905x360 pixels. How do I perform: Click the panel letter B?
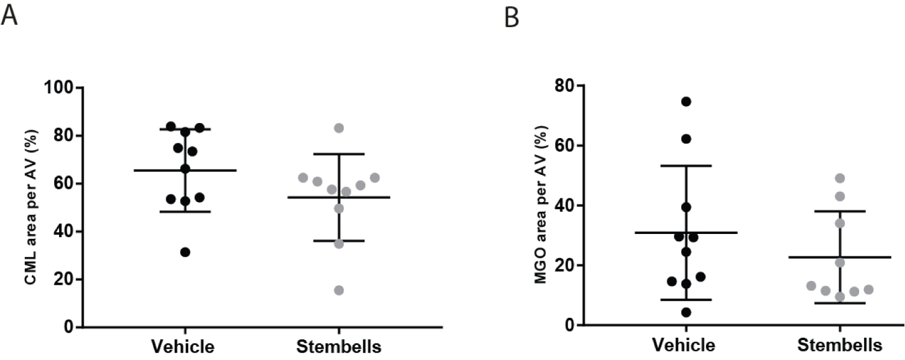click(x=511, y=19)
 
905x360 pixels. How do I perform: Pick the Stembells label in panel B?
click(x=840, y=345)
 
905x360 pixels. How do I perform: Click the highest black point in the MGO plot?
click(x=686, y=101)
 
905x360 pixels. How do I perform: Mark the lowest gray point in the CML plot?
click(x=339, y=290)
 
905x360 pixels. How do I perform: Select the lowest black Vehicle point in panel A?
click(x=185, y=252)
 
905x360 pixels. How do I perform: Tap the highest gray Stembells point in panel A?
click(x=339, y=128)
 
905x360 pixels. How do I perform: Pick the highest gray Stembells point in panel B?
click(x=840, y=178)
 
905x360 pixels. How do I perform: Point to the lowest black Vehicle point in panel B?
click(x=686, y=312)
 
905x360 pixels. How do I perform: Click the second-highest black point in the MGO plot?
click(x=686, y=139)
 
